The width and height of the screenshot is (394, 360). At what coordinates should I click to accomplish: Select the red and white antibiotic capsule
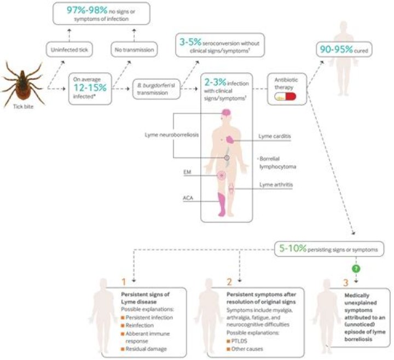(285, 96)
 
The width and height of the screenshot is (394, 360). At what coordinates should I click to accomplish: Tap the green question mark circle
(356, 269)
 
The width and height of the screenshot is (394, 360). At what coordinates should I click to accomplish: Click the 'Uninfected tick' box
(69, 49)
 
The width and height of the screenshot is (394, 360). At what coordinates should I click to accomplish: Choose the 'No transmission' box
(134, 49)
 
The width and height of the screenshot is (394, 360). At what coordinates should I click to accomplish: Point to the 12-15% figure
(90, 88)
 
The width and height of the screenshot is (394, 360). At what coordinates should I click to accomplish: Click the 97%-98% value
(87, 10)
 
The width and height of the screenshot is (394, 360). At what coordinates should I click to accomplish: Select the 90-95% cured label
(344, 49)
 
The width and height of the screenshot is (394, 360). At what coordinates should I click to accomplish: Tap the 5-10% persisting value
(293, 248)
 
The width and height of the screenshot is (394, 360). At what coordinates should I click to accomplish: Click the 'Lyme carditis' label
(275, 136)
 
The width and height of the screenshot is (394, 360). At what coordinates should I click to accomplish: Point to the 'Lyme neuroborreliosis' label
(172, 135)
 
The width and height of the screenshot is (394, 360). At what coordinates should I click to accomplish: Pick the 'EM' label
(187, 172)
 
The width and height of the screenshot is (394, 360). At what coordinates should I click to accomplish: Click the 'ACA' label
(188, 198)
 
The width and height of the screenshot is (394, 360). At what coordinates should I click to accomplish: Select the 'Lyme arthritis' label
(276, 184)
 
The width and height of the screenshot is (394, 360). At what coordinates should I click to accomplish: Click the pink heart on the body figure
(230, 140)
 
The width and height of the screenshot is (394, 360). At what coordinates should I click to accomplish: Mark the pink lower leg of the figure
(222, 204)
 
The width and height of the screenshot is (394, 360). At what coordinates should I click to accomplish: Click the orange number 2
(229, 282)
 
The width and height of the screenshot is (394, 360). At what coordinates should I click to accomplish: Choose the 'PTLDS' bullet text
(239, 341)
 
